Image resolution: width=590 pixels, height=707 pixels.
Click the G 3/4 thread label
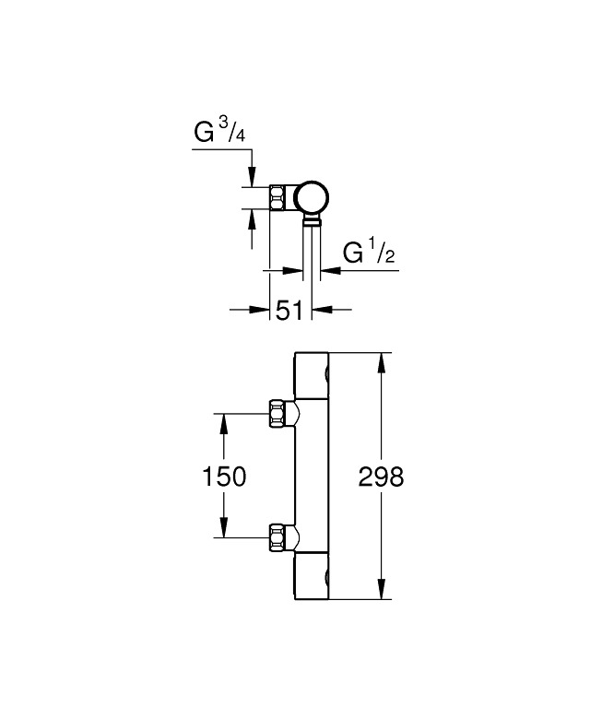click(x=220, y=133)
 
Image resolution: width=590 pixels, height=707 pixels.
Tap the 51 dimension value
click(x=289, y=311)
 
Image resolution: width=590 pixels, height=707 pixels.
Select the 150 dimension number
click(x=224, y=477)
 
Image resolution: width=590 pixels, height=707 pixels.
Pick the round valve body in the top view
click(x=312, y=197)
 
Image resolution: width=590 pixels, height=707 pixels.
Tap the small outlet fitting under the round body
click(x=313, y=221)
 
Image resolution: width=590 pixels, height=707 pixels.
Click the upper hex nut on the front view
click(x=277, y=412)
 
